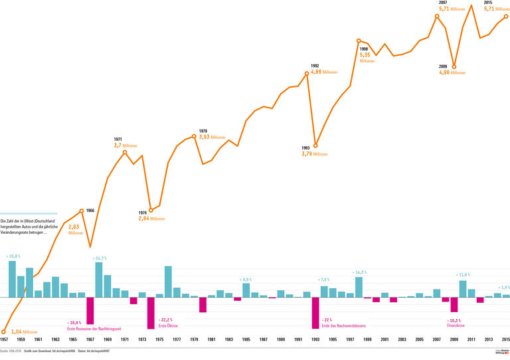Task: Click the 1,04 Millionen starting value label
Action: point(25,331)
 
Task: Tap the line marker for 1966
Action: point(82,211)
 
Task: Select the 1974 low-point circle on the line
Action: point(151,210)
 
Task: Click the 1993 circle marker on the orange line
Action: point(315,145)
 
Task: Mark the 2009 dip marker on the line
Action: point(454,66)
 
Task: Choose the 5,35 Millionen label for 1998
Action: point(365,55)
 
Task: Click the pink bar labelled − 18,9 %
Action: point(90,310)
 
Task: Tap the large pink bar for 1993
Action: point(315,313)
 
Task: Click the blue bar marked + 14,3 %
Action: point(359,286)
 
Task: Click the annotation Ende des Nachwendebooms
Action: point(343,326)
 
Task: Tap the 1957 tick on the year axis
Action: point(4,339)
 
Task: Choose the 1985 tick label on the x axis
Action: point(246,339)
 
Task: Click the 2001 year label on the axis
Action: point(384,339)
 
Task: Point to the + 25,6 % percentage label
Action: point(13,256)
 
